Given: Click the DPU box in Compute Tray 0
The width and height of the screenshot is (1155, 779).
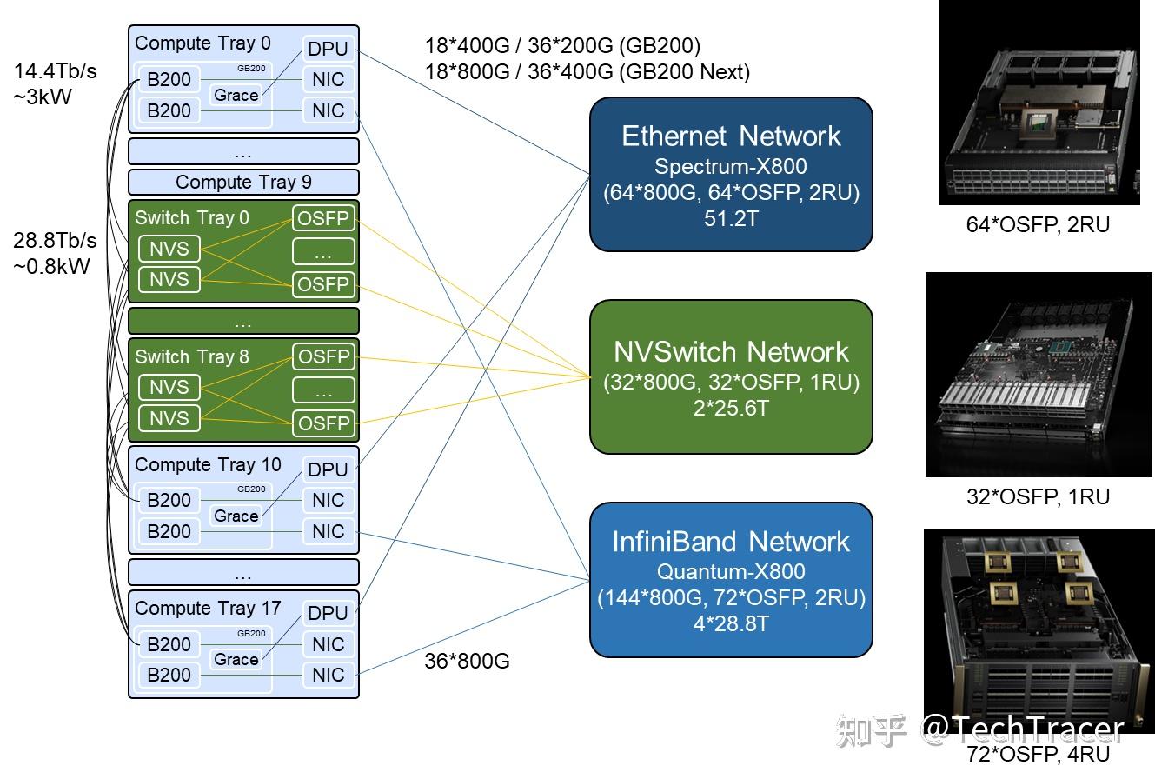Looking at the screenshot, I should [x=328, y=49].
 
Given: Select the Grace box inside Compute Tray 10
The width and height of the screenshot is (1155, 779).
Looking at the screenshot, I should [x=236, y=516].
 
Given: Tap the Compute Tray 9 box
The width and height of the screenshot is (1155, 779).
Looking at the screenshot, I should [x=243, y=183].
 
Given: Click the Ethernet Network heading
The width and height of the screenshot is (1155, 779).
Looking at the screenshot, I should [x=731, y=136].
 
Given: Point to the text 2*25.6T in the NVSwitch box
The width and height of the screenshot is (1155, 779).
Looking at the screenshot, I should [x=731, y=407].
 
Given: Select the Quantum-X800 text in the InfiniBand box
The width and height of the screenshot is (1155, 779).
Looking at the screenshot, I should [x=731, y=572].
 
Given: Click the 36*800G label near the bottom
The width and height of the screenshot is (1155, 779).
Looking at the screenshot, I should [x=467, y=662].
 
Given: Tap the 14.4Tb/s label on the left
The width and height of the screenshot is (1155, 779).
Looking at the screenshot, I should [x=56, y=71].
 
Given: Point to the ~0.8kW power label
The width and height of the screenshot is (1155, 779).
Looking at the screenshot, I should [x=52, y=266].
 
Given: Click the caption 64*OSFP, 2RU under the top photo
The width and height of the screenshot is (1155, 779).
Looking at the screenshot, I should [x=1038, y=225].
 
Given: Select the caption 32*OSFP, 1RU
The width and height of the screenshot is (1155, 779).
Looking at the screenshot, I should [x=1038, y=497].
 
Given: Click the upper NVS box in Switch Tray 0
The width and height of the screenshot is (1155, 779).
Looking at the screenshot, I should [x=169, y=249].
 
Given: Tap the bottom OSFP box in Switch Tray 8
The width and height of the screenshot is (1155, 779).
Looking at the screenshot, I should [x=323, y=423].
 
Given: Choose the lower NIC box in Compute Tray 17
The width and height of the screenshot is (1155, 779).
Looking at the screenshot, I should [x=328, y=676].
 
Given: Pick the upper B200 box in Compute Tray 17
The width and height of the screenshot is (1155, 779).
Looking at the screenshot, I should [x=169, y=644].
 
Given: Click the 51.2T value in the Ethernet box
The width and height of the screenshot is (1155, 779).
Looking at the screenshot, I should [x=731, y=218].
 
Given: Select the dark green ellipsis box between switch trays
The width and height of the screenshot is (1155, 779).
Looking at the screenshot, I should [x=243, y=322].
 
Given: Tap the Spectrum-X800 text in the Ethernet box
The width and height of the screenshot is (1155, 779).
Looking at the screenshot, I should [x=731, y=166].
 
